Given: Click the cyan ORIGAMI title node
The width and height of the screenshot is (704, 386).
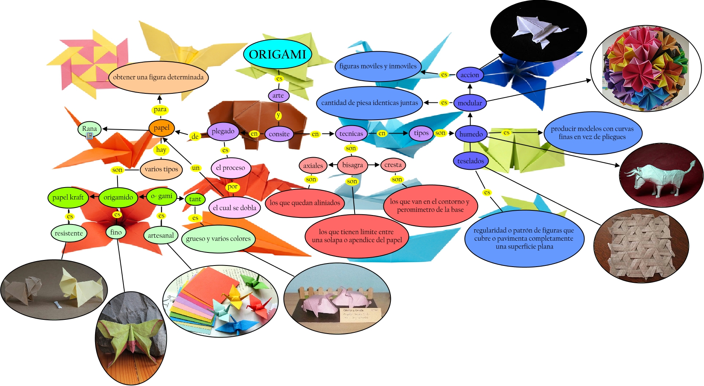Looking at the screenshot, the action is (x=277, y=54).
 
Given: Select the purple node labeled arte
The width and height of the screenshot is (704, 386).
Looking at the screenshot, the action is (x=278, y=95).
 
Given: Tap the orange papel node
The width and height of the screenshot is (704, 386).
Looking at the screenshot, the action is (x=161, y=128).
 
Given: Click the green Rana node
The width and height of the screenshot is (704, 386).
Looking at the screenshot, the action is (x=90, y=128).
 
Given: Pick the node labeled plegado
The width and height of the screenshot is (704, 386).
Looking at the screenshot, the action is (x=223, y=132).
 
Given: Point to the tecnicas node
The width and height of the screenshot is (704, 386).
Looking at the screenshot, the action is (x=351, y=134).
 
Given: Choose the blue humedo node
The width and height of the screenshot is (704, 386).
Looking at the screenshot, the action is (x=471, y=134).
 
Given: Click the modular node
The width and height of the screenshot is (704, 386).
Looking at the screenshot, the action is (x=470, y=103).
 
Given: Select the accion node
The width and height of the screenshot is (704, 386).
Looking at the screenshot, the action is (x=470, y=75).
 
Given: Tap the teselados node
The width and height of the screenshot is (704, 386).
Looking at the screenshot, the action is (x=471, y=161).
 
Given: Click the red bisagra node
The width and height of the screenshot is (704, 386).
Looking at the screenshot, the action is (x=352, y=165).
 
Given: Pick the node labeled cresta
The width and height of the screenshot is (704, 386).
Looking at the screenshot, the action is (x=393, y=165).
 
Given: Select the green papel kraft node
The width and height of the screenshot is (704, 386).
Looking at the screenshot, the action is (x=68, y=197).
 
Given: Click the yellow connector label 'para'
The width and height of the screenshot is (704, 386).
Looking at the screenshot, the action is (x=160, y=109).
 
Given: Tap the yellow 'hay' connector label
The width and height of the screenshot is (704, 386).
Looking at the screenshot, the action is (x=161, y=150).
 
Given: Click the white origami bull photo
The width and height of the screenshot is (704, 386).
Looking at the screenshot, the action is (x=661, y=176).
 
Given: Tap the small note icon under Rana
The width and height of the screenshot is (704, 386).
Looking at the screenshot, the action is (x=90, y=136).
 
